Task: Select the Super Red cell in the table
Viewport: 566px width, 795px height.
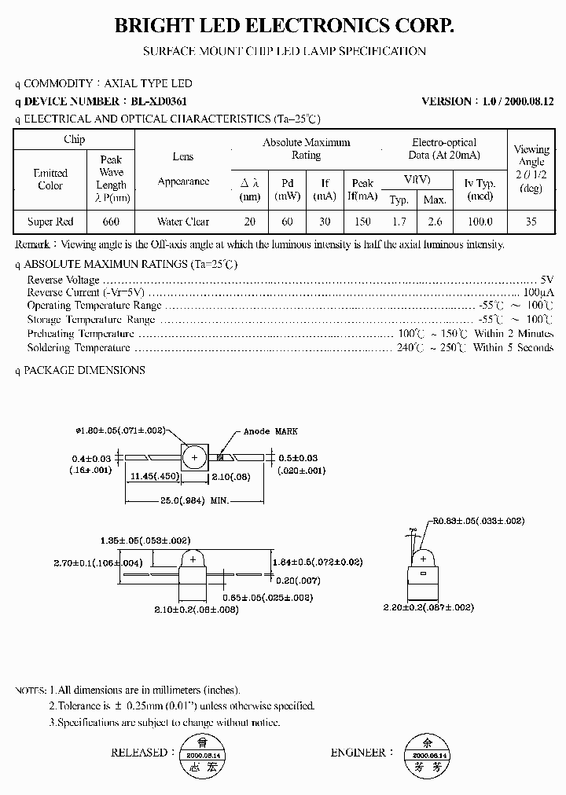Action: click(50, 222)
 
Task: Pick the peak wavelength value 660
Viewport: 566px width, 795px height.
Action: click(112, 222)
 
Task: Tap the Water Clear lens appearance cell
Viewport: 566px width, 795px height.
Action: click(182, 222)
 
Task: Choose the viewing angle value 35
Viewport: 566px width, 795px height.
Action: click(531, 222)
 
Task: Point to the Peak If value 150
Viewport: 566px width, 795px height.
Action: click(362, 222)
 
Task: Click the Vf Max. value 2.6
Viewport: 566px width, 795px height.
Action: click(435, 222)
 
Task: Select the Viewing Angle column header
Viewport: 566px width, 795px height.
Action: click(531, 167)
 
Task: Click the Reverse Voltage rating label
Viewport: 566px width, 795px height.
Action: click(63, 280)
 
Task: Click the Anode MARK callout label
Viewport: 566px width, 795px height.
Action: click(270, 431)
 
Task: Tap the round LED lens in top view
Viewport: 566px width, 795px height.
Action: click(193, 457)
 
